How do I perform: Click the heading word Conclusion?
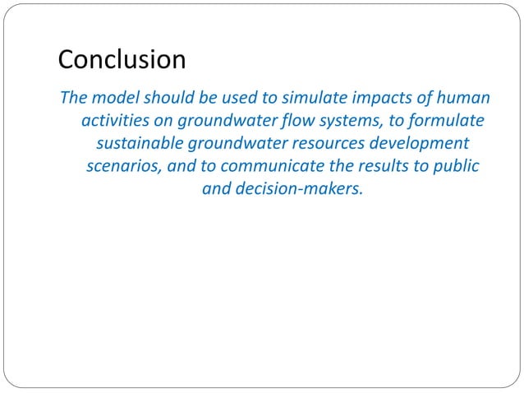click(x=122, y=60)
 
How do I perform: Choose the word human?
click(x=460, y=98)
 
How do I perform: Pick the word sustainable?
click(x=141, y=144)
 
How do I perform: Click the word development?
click(x=421, y=144)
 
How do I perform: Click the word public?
click(x=454, y=166)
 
